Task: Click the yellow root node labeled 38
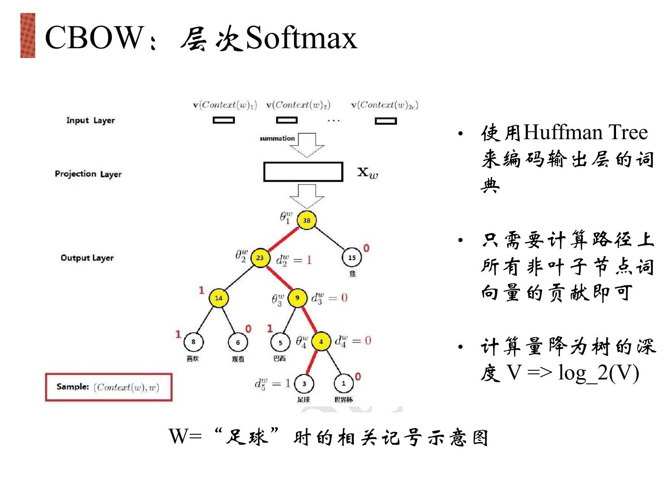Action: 307,220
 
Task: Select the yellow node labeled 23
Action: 260,258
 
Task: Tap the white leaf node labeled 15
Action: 352,257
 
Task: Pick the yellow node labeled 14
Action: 218,298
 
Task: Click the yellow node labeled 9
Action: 297,297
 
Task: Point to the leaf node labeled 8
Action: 193,342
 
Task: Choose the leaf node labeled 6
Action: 238,342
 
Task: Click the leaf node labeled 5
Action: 280,342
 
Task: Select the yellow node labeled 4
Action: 321,342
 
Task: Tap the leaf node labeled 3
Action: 304,384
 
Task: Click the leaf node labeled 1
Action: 343,384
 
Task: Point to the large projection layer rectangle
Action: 303,172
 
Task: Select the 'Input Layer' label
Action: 90,121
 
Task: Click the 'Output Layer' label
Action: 87,258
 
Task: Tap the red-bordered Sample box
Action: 109,387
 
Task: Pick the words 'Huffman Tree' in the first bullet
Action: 585,133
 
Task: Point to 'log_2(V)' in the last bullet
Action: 598,373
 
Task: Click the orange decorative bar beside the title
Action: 28,36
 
